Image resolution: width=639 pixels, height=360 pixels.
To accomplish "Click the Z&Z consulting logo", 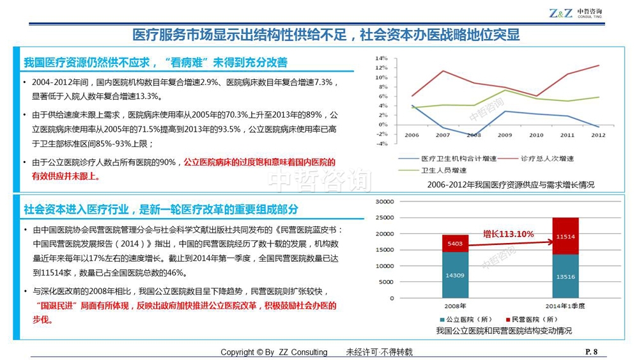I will pyautogui.click(x=575, y=13).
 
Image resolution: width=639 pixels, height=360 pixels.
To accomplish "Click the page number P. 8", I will pyautogui.click(x=591, y=351).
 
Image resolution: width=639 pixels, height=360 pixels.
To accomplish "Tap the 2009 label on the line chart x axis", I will pyautogui.click(x=505, y=135).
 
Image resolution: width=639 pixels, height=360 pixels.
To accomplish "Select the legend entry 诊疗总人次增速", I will pyautogui.click(x=548, y=158).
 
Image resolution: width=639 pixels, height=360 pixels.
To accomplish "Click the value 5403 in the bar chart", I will pyautogui.click(x=455, y=244).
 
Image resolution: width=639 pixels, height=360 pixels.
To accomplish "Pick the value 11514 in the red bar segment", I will pyautogui.click(x=565, y=236).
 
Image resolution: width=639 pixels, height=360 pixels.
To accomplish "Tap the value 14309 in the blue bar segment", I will pyautogui.click(x=455, y=275).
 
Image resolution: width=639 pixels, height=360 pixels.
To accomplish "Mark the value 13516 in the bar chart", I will pyautogui.click(x=565, y=277).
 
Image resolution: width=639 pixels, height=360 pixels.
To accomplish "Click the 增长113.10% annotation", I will pyautogui.click(x=508, y=234).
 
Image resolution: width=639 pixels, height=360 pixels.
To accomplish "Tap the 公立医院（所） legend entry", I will pyautogui.click(x=470, y=319).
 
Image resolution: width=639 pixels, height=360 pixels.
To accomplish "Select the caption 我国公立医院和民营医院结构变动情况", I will pyautogui.click(x=504, y=331).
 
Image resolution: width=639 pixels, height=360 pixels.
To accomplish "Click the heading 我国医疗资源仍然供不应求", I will pyautogui.click(x=155, y=63).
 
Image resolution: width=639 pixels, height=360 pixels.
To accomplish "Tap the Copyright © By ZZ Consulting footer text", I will pyautogui.click(x=273, y=352).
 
